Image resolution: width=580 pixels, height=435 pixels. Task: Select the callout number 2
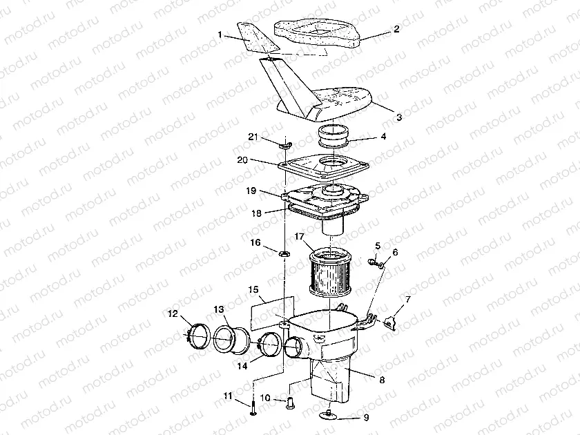pos(396,29)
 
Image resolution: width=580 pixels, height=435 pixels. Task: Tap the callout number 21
pos(253,138)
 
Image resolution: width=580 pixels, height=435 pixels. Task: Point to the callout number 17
pos(300,237)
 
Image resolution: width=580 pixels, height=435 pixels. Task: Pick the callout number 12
pos(173,314)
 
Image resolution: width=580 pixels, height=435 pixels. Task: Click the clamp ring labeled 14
pos(269,343)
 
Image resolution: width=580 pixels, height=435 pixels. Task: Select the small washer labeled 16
pos(284,256)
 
